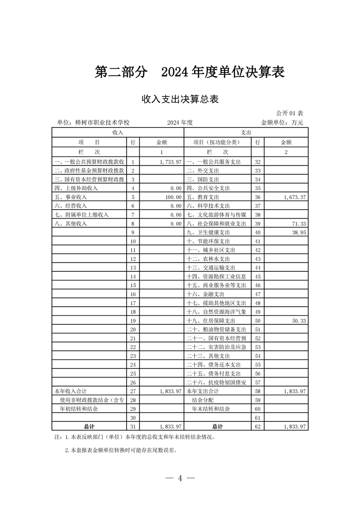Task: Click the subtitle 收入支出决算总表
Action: coord(180,99)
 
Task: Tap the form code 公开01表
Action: coord(290,113)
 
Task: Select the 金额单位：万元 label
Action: coord(281,122)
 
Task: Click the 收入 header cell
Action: coord(118,132)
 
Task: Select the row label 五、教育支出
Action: coord(202,198)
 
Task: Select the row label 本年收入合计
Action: coord(70,391)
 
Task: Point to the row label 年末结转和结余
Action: coord(211,409)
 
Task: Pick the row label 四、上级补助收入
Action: coord(76,188)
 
